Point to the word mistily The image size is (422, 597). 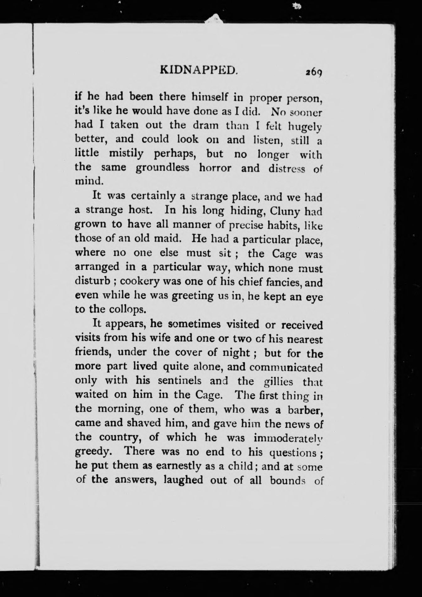pyautogui.click(x=126, y=154)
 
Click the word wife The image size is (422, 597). pyautogui.click(x=155, y=339)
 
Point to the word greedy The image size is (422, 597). pyautogui.click(x=93, y=452)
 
